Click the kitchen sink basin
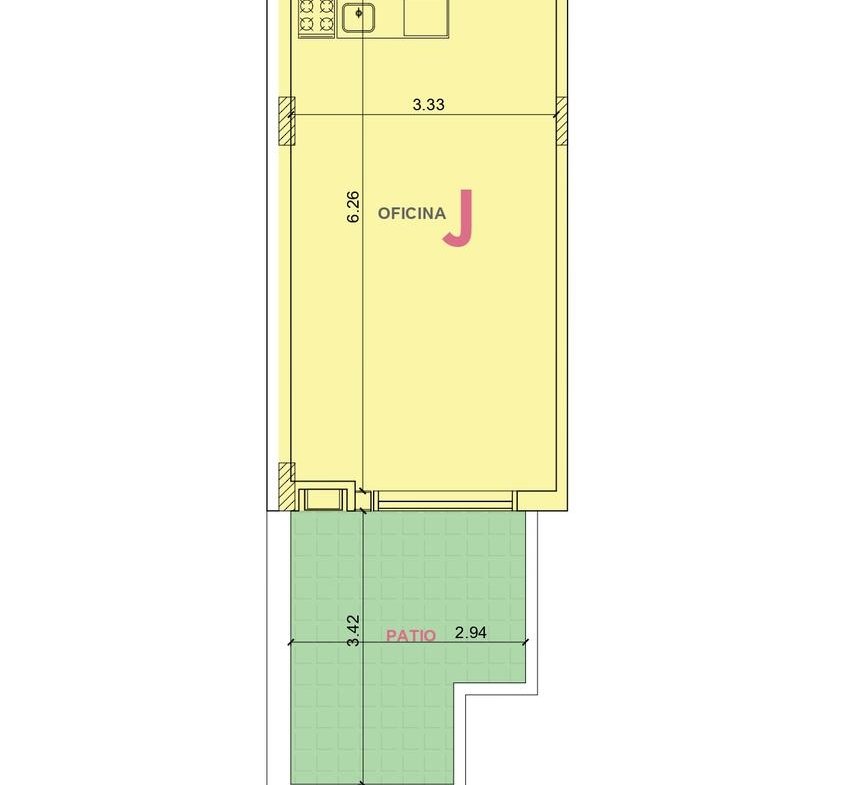358,17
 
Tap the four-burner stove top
317,18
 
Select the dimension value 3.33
428,104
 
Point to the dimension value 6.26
353,206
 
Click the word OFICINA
412,213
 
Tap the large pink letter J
459,218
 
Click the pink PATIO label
411,635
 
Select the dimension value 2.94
470,633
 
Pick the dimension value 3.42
353,630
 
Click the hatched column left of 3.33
287,121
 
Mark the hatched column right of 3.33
562,121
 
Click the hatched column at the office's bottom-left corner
287,486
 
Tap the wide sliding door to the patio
445,500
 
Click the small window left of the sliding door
324,499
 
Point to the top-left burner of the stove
307,6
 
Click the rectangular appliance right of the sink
426,18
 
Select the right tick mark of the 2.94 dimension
526,642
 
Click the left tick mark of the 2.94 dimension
291,642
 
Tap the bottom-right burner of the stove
326,24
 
